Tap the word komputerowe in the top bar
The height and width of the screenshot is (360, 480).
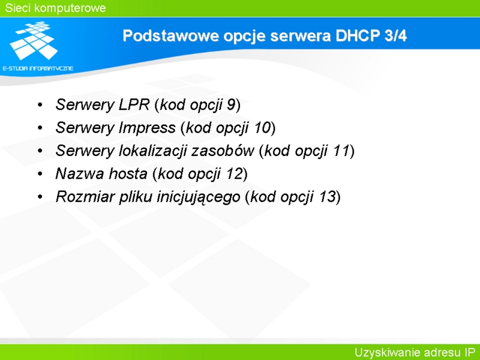[70, 8]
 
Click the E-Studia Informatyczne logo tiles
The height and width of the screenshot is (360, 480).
[34, 40]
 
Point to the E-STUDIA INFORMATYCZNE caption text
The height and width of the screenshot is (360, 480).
[38, 68]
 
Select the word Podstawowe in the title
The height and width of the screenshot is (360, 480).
[171, 35]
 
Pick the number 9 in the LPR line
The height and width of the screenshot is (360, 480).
[231, 104]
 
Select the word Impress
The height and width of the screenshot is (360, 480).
[147, 128]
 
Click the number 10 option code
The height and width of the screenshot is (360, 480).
[262, 128]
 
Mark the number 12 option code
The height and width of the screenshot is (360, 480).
[234, 173]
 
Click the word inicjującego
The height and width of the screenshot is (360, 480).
[199, 197]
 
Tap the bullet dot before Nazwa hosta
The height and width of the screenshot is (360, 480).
[40, 174]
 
